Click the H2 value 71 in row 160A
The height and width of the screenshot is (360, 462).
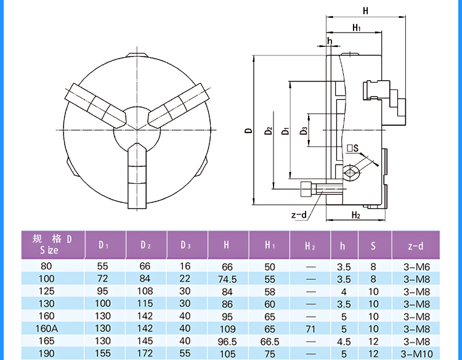[x=310, y=329]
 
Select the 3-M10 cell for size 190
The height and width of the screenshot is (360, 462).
[x=416, y=353]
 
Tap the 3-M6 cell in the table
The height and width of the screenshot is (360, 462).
[x=416, y=266]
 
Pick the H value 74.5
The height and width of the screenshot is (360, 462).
[x=227, y=279]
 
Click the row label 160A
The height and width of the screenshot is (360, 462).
[x=46, y=329]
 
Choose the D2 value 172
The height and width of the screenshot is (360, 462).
[x=145, y=353]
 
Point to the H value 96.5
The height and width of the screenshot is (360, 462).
[x=227, y=341]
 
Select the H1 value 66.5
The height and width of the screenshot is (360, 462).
[x=270, y=341]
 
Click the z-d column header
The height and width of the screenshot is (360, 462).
[x=416, y=246]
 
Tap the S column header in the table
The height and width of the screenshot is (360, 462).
[x=373, y=246]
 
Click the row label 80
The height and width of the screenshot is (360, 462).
[x=46, y=266]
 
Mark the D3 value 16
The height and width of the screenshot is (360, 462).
[x=185, y=266]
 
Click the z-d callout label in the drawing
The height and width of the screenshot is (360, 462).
[x=299, y=215]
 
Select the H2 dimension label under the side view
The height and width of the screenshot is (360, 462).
[x=355, y=215]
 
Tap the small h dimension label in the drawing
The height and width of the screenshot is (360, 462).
[x=330, y=41]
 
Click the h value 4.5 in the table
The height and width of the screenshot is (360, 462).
[x=343, y=341]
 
